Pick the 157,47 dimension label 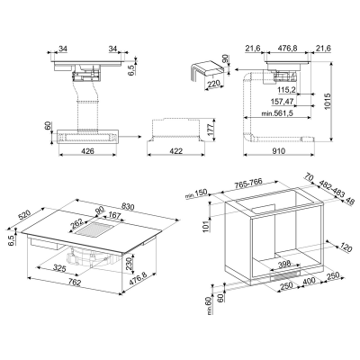click(x=283, y=102)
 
